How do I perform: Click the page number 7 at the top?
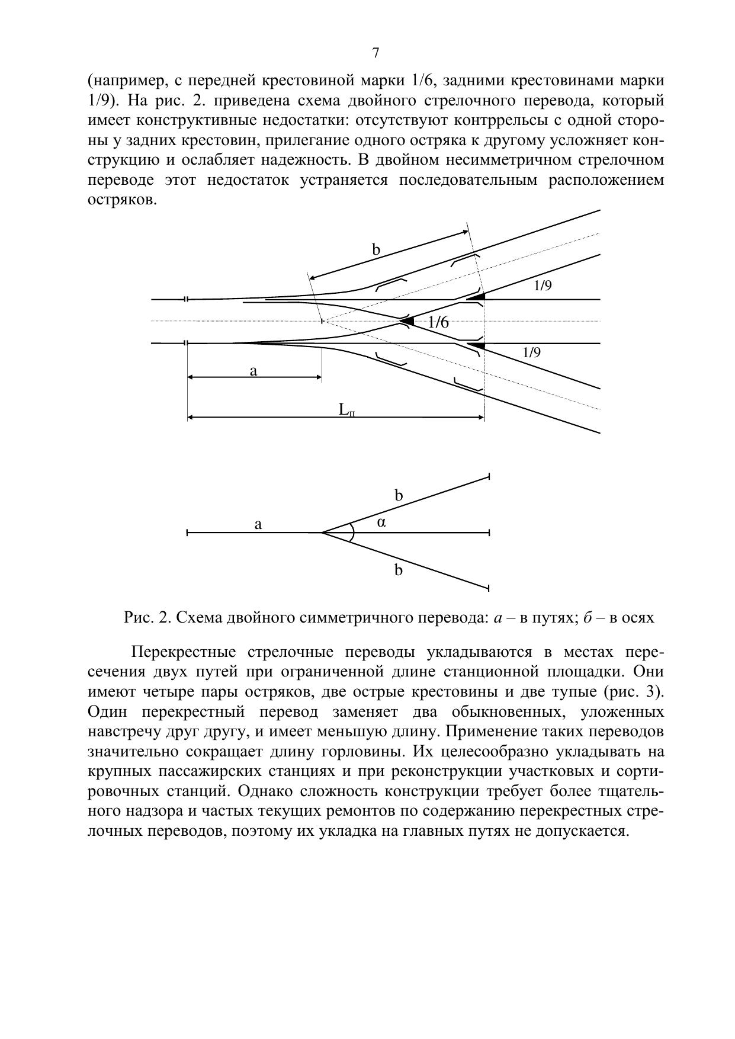click(x=375, y=53)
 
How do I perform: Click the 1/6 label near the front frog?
click(x=438, y=322)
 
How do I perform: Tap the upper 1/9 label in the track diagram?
click(x=543, y=286)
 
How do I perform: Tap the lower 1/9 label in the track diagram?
click(x=532, y=353)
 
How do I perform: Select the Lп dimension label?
click(x=346, y=410)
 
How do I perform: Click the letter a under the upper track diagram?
click(x=253, y=371)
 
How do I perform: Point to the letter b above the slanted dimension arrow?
click(x=375, y=250)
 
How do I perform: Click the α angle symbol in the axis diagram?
click(x=381, y=522)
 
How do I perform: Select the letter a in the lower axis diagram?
click(x=258, y=524)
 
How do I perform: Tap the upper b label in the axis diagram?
click(x=399, y=496)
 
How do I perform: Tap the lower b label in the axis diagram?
click(x=399, y=570)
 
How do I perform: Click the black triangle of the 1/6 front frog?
click(x=407, y=321)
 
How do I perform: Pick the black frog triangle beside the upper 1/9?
click(x=477, y=296)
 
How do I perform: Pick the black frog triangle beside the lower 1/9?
click(x=477, y=345)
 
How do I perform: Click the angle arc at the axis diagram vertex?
click(x=352, y=533)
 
